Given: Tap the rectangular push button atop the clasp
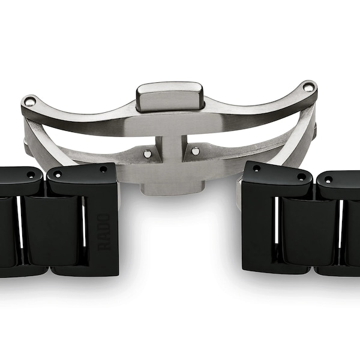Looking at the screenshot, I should pos(169,96).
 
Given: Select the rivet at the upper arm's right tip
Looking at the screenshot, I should pos(308,88).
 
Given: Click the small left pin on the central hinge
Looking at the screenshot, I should pos(148,154).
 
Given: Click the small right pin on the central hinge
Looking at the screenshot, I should pos(195,151).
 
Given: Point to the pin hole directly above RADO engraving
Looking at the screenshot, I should pos(104,170).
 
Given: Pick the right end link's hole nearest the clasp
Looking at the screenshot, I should pos(257,169).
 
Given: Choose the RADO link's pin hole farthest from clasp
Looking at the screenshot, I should pos(58,174).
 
